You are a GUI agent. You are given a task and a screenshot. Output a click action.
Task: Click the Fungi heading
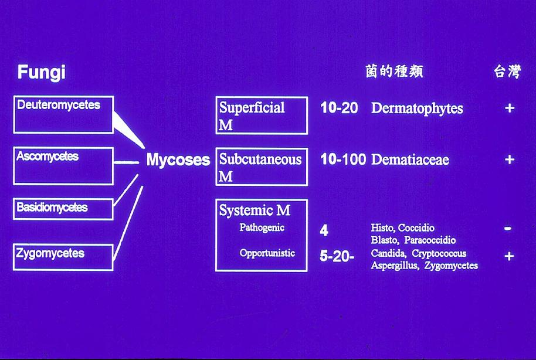click(x=42, y=73)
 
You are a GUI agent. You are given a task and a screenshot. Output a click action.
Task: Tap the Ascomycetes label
click(x=47, y=156)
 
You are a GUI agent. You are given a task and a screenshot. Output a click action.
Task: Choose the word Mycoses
click(x=178, y=159)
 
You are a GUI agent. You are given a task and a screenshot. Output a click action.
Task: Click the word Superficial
click(x=252, y=108)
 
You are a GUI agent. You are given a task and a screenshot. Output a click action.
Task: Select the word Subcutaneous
click(x=260, y=159)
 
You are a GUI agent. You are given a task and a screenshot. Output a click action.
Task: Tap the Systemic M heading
click(x=255, y=210)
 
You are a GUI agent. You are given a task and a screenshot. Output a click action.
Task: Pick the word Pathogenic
click(x=262, y=227)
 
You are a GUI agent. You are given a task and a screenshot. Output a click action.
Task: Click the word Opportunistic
click(x=267, y=253)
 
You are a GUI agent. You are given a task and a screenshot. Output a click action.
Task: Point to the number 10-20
click(x=339, y=108)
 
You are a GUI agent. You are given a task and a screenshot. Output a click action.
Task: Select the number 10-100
click(x=343, y=159)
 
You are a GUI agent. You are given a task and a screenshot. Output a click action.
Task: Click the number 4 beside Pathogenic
click(x=324, y=231)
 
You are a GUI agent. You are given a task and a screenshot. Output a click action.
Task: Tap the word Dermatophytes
click(x=417, y=108)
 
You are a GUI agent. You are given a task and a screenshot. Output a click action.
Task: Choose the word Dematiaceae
click(x=410, y=159)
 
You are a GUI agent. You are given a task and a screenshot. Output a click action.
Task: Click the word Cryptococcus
click(x=439, y=253)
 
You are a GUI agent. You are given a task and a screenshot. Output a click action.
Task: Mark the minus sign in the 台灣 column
click(x=508, y=228)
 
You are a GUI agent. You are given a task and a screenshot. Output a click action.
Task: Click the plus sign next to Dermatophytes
click(x=510, y=108)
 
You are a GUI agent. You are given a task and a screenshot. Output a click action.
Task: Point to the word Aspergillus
click(x=395, y=265)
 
